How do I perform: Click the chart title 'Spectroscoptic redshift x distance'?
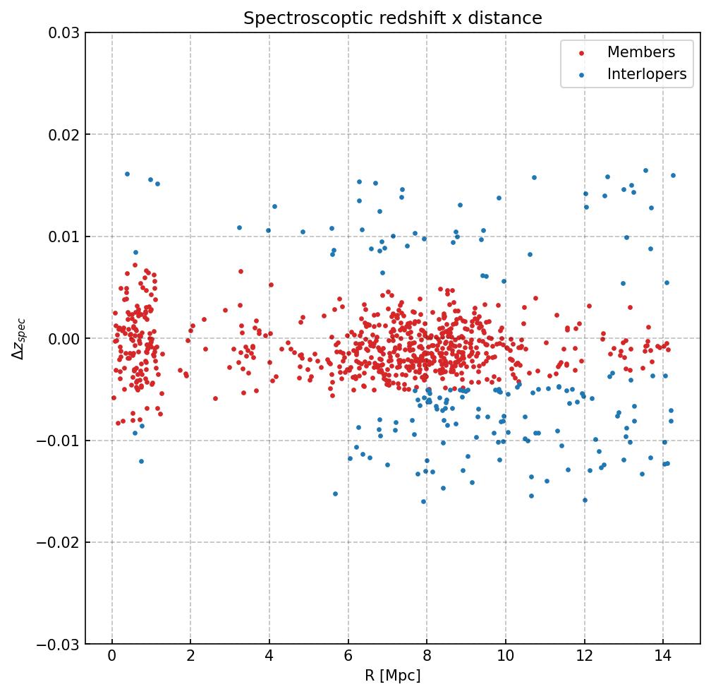coord(392,18)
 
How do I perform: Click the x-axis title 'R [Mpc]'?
coord(392,676)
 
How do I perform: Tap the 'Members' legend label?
coord(640,52)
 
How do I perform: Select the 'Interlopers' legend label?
coord(646,74)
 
